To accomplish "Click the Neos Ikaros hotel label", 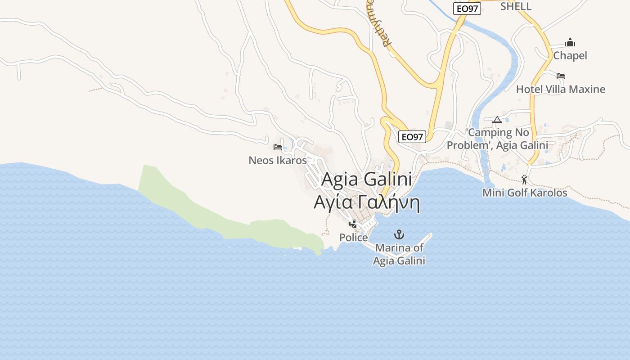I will coord(278,160).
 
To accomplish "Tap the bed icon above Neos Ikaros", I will coord(278,147).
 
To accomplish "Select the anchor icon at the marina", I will coord(399,234).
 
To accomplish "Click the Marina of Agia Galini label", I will coord(399,254).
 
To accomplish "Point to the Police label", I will coord(353,238).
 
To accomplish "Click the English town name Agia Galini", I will coord(366,180).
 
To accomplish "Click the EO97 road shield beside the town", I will coord(412,137).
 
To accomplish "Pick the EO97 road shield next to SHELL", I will coord(467,9).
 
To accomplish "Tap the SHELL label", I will coord(516,6).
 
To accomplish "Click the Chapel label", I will coord(570,56).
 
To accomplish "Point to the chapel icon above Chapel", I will coord(570,43).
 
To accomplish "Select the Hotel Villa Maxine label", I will coord(561,89).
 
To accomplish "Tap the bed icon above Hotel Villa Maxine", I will coord(561,76).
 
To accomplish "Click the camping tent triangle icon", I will coord(497,120).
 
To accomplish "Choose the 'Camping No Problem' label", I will coord(497,139).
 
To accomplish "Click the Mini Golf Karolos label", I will coord(525,193).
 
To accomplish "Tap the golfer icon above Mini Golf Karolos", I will coord(524,180).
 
